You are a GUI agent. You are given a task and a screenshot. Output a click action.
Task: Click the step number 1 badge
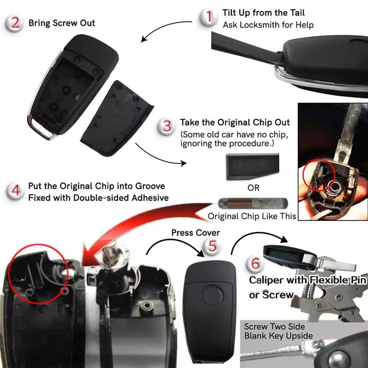pyautogui.click(x=209, y=17)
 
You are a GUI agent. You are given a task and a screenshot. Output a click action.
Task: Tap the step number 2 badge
pyautogui.click(x=15, y=23)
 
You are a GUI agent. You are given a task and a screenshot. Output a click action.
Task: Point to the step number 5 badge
pyautogui.click(x=212, y=247)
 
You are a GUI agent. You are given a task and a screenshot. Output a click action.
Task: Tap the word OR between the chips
pyautogui.click(x=253, y=188)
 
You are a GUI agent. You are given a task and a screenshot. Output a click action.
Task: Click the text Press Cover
pyautogui.click(x=195, y=233)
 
